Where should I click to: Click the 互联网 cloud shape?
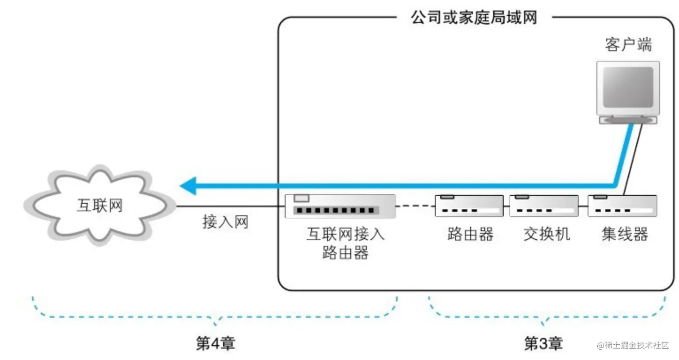tap(99, 206)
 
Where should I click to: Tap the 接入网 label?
tap(225, 222)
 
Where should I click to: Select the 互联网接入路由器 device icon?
tap(340, 206)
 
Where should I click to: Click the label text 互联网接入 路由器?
tap(345, 244)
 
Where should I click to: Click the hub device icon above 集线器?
tap(622, 206)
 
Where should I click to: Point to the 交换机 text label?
tap(547, 234)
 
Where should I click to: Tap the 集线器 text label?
tap(625, 234)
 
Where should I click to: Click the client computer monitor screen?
tap(628, 87)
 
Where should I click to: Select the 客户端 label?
tap(628, 45)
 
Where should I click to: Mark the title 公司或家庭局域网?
tap(474, 18)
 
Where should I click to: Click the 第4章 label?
tap(216, 344)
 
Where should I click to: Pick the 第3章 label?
tap(543, 344)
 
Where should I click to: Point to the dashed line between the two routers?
tap(415, 206)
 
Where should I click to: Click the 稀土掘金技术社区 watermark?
tap(633, 345)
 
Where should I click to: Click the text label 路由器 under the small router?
tap(470, 234)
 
